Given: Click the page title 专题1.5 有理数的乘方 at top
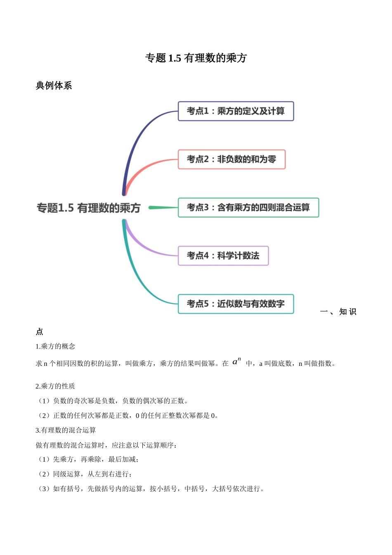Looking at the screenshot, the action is click(x=196, y=58).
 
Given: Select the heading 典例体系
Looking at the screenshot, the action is click(x=54, y=85).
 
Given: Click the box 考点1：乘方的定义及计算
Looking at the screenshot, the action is click(x=236, y=111).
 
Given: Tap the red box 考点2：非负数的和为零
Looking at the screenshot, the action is click(x=231, y=159).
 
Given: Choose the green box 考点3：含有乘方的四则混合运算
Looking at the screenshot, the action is click(x=248, y=207).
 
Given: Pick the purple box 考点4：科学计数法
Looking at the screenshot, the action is click(x=223, y=256).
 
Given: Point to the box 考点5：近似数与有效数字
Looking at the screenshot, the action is click(x=236, y=304).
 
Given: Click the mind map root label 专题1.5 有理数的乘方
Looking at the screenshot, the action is click(x=89, y=208).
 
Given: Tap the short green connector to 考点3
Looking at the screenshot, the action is click(x=163, y=207).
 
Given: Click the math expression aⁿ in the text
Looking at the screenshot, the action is click(x=236, y=362).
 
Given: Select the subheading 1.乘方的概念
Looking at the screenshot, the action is click(x=55, y=346).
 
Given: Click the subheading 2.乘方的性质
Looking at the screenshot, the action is click(x=55, y=386).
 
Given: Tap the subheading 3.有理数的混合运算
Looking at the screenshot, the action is click(x=66, y=430).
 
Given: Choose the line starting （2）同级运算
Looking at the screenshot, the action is click(x=84, y=474).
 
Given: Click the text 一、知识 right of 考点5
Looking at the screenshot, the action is click(x=338, y=312).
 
